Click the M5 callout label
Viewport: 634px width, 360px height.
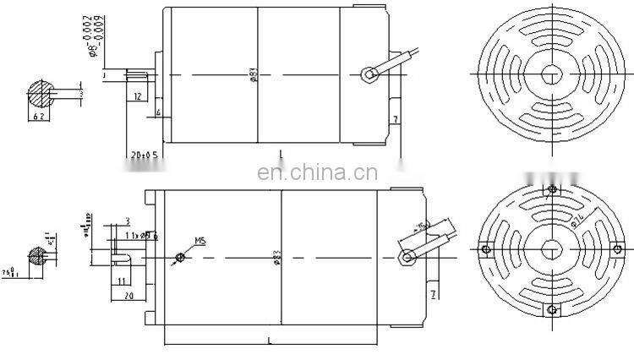pos(200,241)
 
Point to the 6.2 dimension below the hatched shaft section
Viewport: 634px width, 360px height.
pos(39,114)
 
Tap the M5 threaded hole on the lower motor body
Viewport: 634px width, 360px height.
pos(178,258)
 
